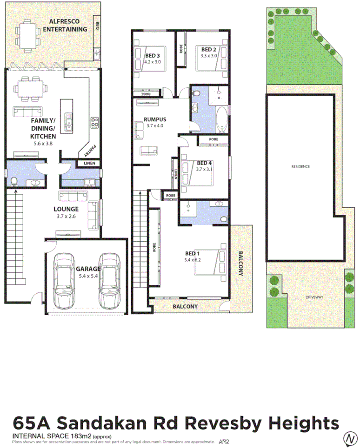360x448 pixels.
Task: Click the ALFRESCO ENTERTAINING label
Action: coord(65,25)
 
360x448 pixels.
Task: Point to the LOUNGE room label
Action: coord(66,209)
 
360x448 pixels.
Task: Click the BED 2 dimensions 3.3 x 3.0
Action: coord(209,56)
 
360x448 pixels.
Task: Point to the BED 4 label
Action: coord(205,163)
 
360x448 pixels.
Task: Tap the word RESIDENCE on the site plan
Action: coord(300,166)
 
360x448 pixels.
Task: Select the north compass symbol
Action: coord(350,438)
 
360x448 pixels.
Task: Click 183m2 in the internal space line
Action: coord(80,435)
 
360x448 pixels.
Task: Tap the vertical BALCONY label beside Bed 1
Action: coord(240,264)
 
